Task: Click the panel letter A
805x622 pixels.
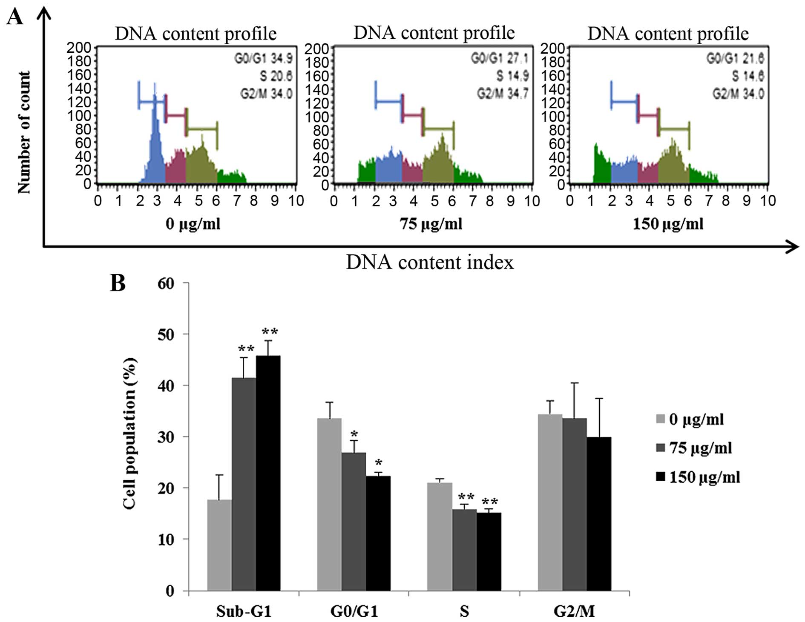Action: coord(15,18)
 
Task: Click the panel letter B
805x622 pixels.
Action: coord(118,283)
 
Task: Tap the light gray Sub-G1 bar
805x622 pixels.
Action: coord(219,545)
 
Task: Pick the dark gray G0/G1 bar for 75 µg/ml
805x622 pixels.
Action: coord(354,522)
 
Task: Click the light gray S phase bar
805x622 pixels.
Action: coord(440,536)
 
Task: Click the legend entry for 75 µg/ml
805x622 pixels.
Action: coord(694,448)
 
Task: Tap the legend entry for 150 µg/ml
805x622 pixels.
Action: coord(699,477)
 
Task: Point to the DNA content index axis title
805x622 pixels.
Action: coord(430,262)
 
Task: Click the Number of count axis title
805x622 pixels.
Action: coord(24,132)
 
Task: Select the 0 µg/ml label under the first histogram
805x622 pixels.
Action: coord(193,223)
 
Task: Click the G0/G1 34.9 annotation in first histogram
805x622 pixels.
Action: coord(263,58)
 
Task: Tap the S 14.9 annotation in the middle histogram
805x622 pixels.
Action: coord(512,76)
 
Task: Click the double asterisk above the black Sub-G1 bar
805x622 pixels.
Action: coord(270,331)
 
